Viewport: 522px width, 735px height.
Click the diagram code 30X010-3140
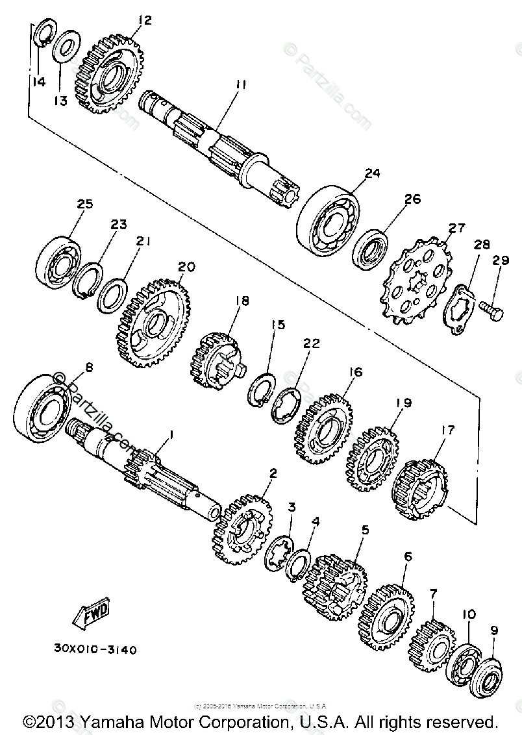click(x=96, y=649)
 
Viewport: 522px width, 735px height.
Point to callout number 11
click(x=223, y=85)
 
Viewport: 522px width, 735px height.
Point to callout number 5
click(x=365, y=529)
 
